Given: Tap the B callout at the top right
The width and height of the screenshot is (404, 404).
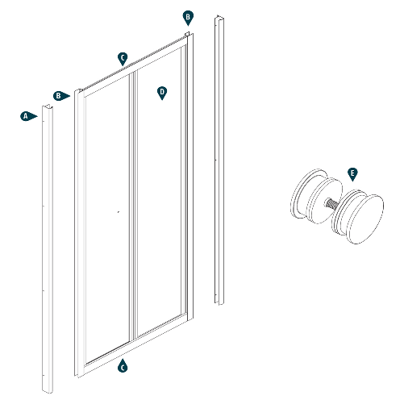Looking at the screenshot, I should [187, 16].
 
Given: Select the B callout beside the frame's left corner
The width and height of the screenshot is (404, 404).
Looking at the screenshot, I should [60, 95].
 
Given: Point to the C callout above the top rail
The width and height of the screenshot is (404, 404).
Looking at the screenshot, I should [123, 57].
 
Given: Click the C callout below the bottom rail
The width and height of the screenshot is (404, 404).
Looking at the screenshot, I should [123, 367].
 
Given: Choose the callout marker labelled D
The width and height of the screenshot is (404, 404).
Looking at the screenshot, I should [162, 93].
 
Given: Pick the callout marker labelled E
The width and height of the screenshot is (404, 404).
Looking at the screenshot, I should [352, 173].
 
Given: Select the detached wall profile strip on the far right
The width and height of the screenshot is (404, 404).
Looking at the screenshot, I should [218, 161].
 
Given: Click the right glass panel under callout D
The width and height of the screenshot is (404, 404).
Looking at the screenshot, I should [160, 202].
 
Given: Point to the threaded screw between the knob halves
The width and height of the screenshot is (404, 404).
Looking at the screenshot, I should [330, 206].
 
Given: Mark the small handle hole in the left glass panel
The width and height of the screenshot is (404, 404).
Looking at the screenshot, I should [118, 211].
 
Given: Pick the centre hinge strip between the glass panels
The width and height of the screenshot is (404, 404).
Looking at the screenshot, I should [134, 210].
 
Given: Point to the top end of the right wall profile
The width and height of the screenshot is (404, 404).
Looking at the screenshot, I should [218, 19].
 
